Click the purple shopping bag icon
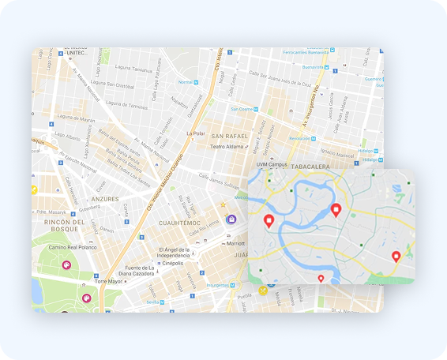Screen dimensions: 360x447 231,219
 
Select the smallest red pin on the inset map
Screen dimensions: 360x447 321,278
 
